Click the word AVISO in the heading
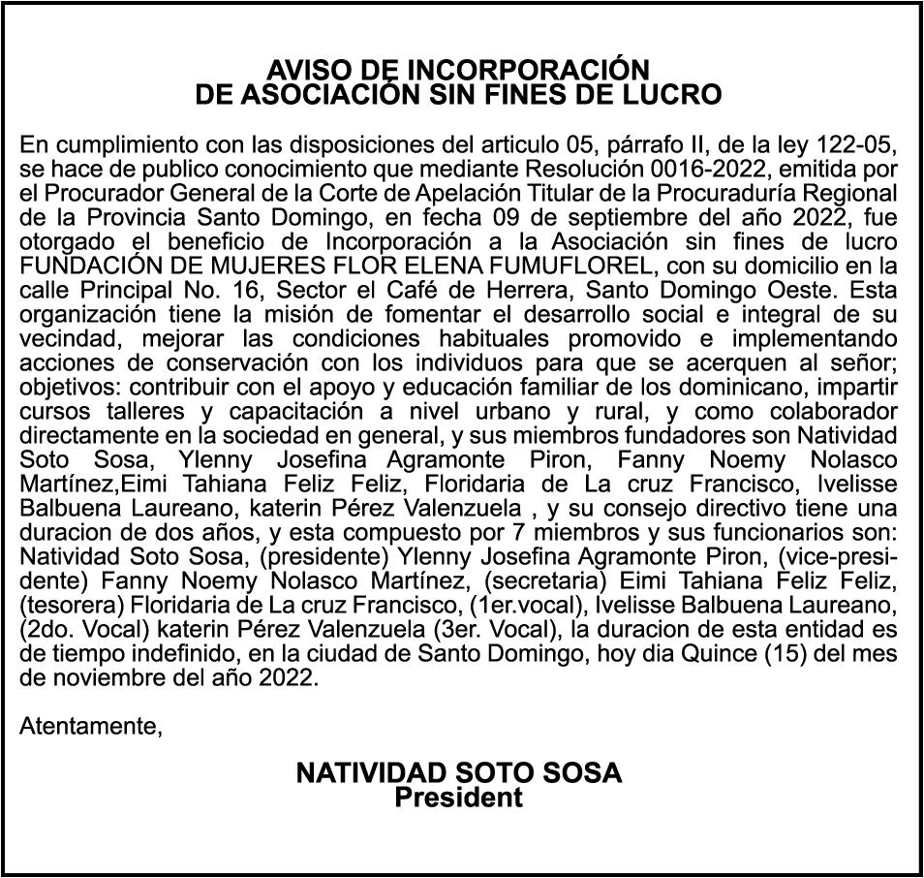click(x=303, y=71)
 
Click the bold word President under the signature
click(x=458, y=799)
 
